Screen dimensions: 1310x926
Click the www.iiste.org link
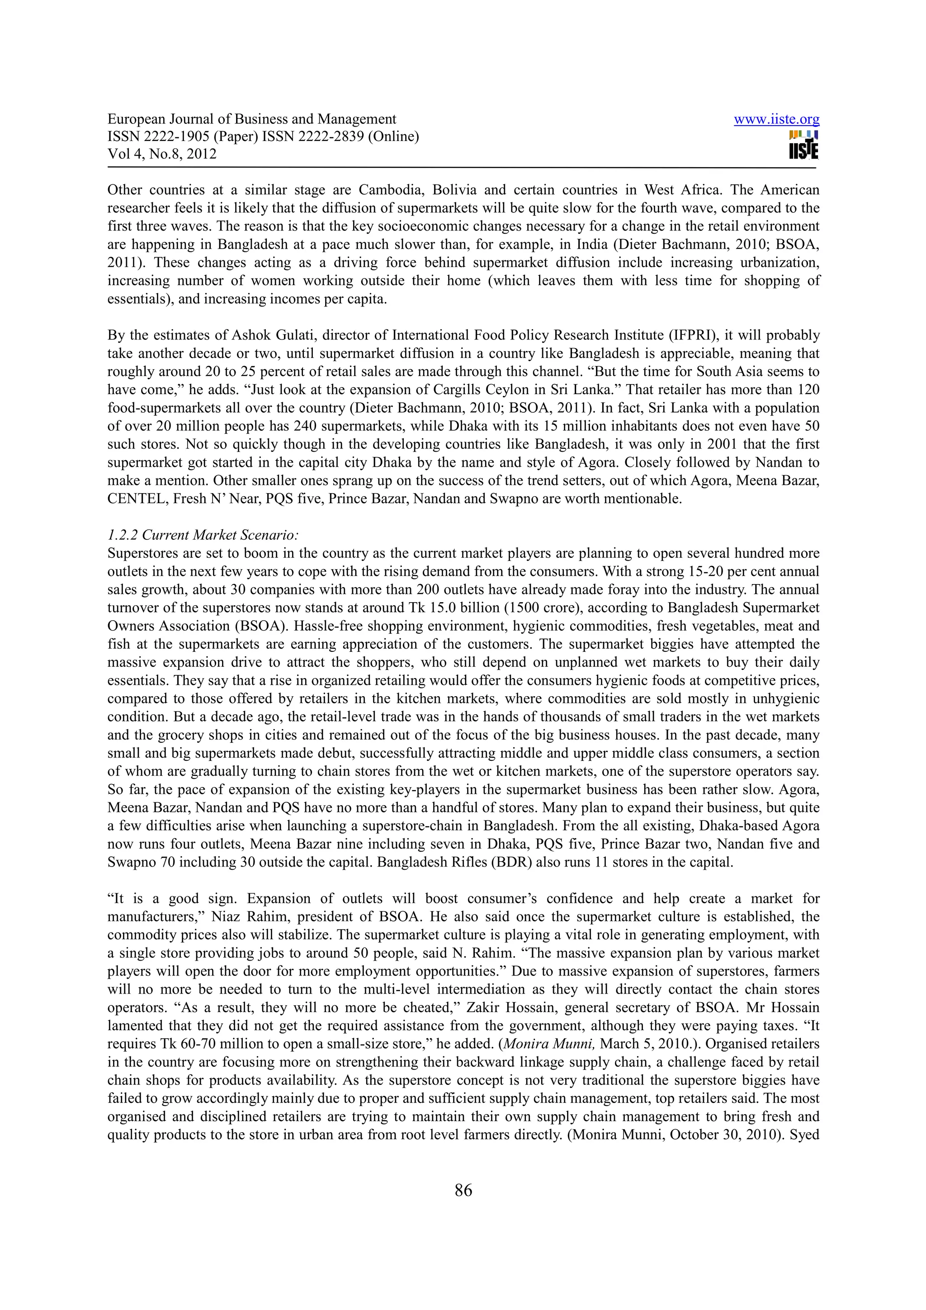coord(776,119)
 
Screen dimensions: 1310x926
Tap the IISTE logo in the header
coord(803,145)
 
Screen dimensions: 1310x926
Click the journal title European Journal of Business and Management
coord(251,119)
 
